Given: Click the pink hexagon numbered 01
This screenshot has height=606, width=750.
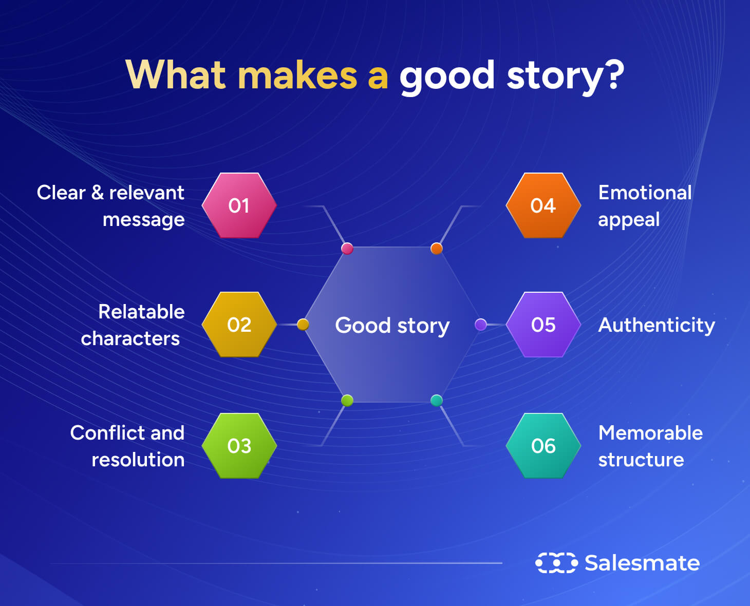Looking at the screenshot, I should click(x=239, y=205).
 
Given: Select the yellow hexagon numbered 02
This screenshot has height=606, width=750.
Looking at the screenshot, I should click(x=239, y=325).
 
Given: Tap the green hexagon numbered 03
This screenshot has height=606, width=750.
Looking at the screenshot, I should click(x=239, y=446).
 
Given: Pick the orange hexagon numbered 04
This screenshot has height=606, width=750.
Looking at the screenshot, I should click(x=543, y=205).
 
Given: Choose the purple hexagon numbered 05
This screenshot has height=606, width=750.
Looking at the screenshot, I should click(x=543, y=325).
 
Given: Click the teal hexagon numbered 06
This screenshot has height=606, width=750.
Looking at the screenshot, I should click(x=543, y=446).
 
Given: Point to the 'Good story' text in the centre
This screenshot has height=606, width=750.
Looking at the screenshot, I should click(x=392, y=326).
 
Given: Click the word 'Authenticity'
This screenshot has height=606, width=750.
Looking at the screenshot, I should click(x=657, y=326).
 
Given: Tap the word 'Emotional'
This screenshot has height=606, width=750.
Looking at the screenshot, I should click(x=645, y=193).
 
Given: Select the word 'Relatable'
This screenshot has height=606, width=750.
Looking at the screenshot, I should click(x=141, y=312).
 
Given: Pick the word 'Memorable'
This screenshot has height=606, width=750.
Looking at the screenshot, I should click(x=650, y=433).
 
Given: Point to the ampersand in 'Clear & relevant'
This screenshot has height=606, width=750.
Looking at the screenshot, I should click(x=98, y=193).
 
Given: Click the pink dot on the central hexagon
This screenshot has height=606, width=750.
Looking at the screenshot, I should click(x=347, y=249).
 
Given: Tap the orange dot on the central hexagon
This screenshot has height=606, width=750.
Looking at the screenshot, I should click(x=436, y=249).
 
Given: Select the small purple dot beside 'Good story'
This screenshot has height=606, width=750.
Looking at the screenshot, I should click(x=481, y=325).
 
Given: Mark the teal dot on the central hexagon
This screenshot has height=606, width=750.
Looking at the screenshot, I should click(x=436, y=401).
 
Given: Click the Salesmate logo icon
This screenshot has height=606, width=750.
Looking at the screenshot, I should click(x=556, y=563).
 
